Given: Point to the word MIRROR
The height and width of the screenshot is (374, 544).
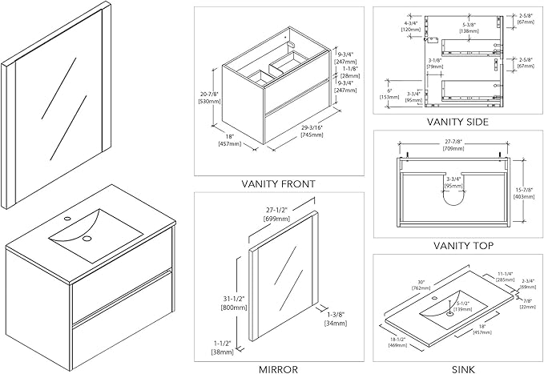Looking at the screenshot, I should tap(279, 369).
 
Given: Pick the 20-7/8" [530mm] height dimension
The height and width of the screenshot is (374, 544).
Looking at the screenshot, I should tap(210, 98).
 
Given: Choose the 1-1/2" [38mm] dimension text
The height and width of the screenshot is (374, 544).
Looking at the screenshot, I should tap(221, 348).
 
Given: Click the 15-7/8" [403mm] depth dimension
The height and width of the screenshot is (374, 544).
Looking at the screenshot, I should tap(526, 191).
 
